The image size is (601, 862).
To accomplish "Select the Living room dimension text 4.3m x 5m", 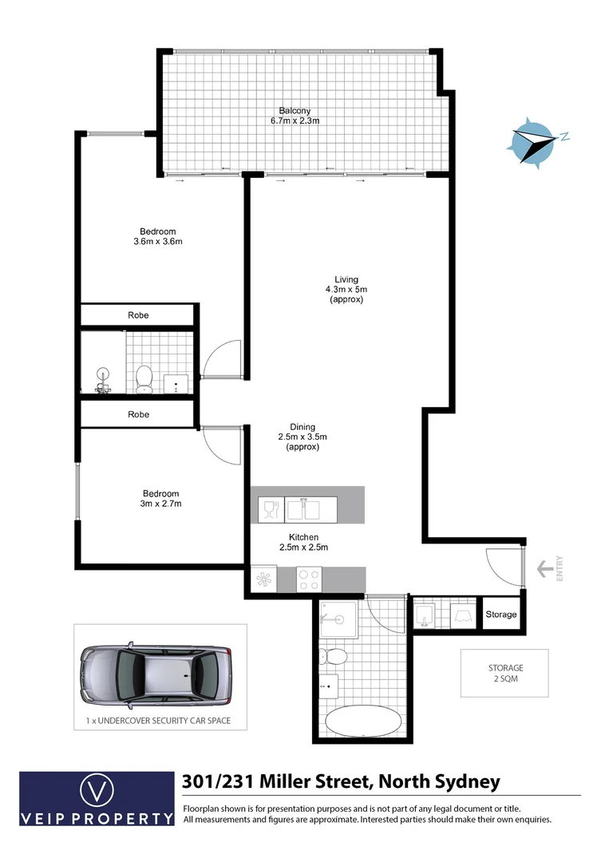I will coord(346,289).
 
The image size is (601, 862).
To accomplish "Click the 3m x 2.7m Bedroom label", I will coord(160,499).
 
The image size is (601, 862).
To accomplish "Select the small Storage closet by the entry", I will coord(501,615).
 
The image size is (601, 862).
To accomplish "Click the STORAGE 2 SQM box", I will coord(506,673).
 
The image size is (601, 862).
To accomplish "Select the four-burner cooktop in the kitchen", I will coord(309,579).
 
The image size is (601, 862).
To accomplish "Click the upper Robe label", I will coord(138,315).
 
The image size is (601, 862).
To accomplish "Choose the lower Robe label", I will coord(138,415).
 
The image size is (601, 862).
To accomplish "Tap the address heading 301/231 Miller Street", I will coord(341,781).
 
